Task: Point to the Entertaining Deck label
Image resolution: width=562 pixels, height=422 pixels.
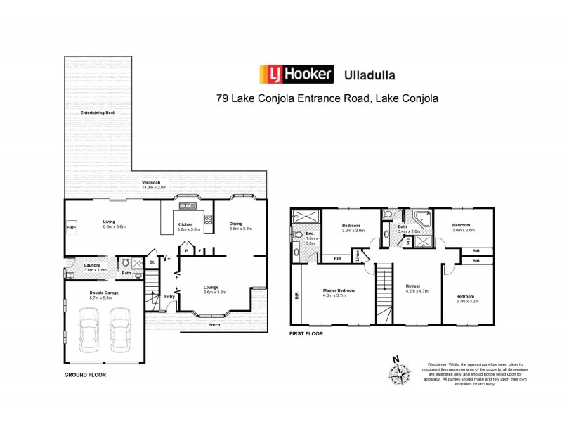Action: (98, 113)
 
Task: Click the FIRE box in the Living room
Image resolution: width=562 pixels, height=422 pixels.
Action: (71, 229)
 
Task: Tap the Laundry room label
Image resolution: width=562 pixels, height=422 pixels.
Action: (93, 265)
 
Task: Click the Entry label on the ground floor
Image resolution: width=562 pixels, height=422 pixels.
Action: (169, 296)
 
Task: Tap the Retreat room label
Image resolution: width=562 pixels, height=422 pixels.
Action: (413, 286)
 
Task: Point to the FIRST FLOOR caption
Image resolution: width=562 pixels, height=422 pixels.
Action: (306, 334)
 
